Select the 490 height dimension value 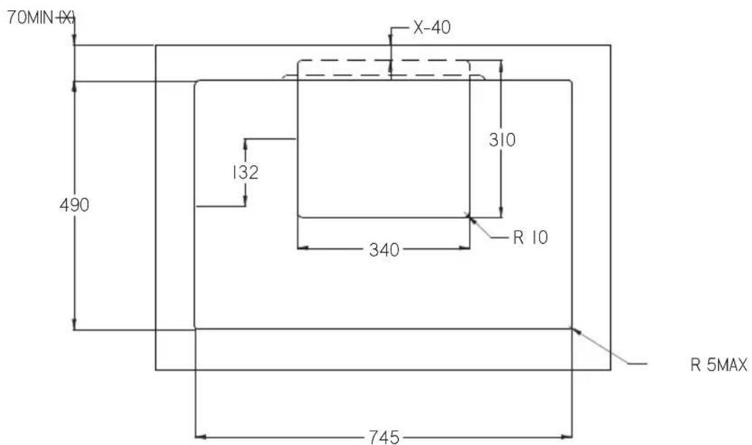coord(74,205)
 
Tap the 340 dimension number coord(384,250)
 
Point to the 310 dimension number coord(502,140)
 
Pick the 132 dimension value coord(245,172)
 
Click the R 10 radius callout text coord(530,237)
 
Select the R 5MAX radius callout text coord(719,365)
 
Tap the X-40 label coord(432,28)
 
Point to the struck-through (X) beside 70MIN coord(66,18)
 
